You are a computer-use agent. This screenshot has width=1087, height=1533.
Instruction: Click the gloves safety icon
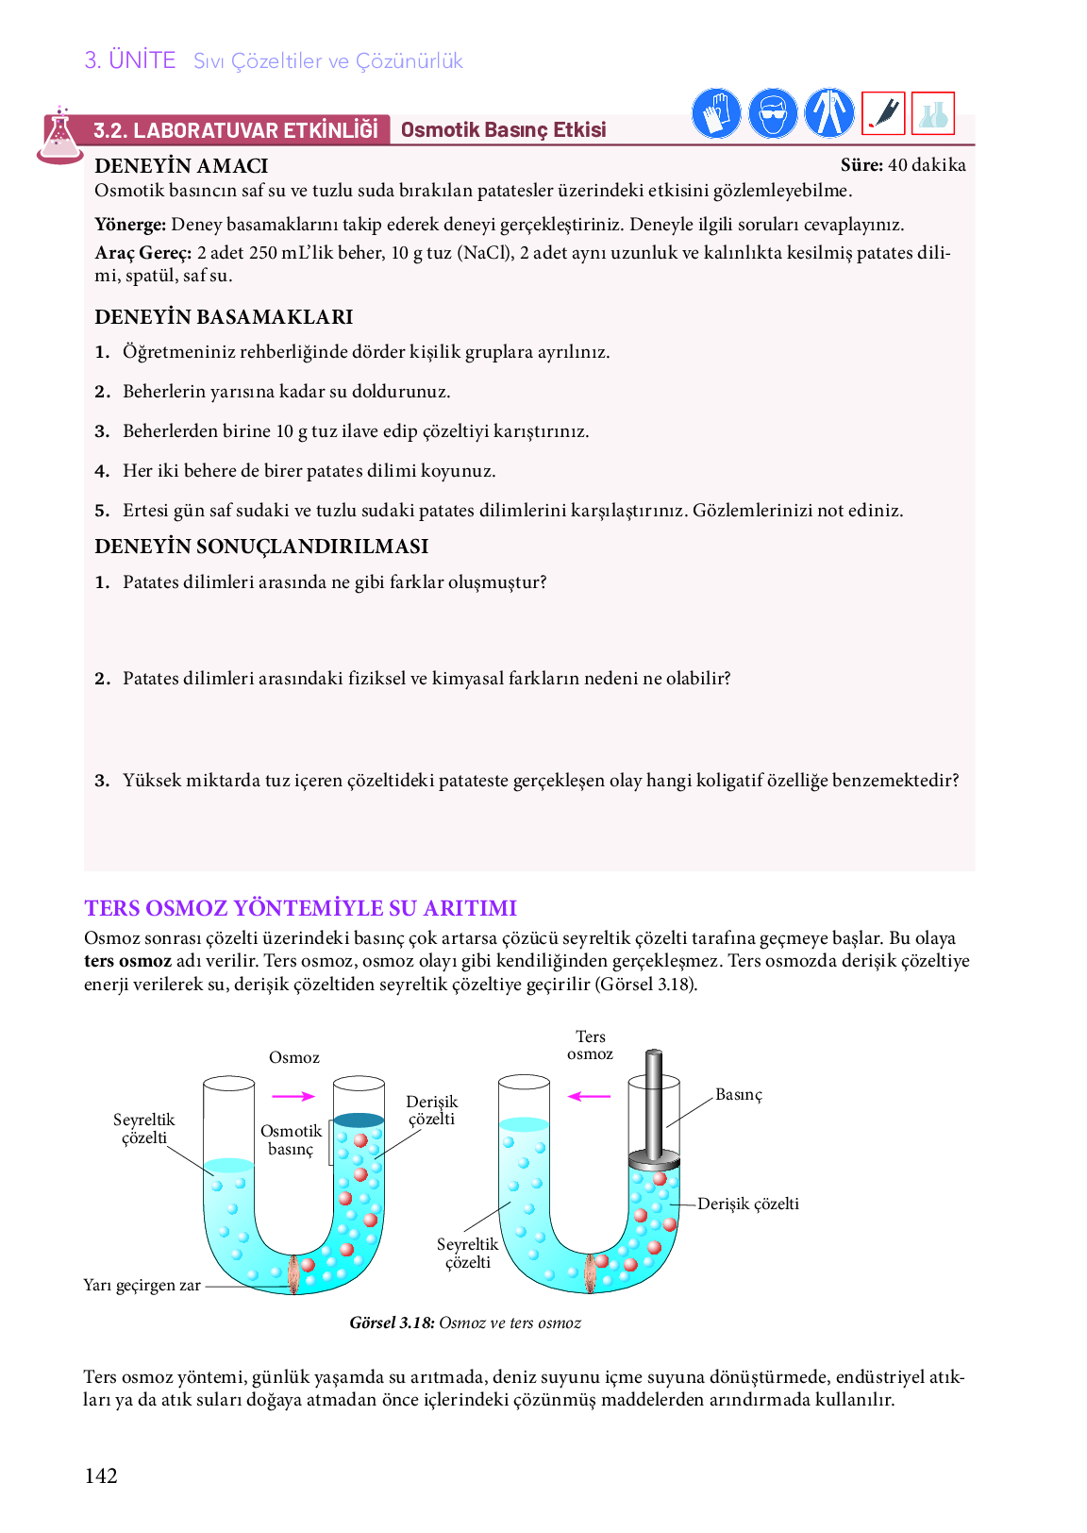click(716, 114)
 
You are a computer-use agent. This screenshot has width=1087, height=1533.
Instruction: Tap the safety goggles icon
click(773, 114)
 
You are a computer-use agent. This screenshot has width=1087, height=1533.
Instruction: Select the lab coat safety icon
click(829, 114)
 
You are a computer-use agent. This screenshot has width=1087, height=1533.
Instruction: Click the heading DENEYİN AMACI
click(181, 166)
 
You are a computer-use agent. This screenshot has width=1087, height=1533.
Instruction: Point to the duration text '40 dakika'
click(927, 165)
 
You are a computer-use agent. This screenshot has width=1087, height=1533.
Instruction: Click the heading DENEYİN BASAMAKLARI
click(224, 317)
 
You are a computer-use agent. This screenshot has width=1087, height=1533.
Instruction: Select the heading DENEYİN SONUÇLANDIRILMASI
click(261, 547)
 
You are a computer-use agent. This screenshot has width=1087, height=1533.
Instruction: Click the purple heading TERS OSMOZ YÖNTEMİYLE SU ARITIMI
click(300, 908)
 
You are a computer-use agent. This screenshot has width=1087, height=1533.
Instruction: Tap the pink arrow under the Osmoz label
click(293, 1096)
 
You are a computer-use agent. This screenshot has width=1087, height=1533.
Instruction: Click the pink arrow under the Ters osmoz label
click(591, 1096)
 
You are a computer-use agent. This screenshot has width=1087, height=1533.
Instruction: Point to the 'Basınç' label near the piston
click(738, 1094)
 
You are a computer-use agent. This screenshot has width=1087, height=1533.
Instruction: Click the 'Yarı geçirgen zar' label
click(142, 1285)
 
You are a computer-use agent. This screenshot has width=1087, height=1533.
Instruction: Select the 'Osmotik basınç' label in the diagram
click(291, 1139)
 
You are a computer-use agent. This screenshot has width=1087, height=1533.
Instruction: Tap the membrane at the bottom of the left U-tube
click(294, 1274)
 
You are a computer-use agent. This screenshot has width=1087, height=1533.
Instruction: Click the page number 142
click(101, 1476)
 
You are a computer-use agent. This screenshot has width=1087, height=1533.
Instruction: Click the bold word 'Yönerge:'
click(130, 225)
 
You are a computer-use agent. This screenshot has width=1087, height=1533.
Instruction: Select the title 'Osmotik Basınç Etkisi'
click(503, 130)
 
